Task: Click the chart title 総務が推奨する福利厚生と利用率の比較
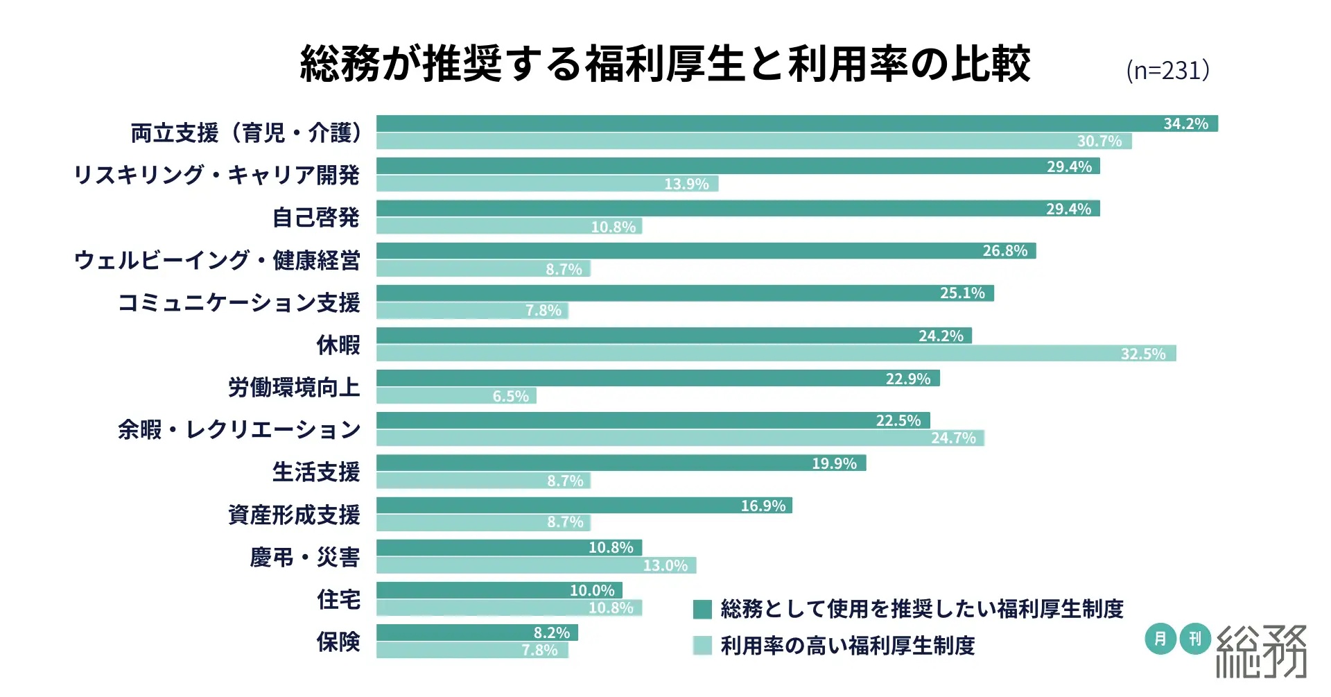coord(665,64)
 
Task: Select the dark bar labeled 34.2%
coord(797,123)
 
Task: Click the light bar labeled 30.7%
coord(754,141)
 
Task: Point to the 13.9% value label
coord(686,184)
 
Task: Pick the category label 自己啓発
coord(315,218)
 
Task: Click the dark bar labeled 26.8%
coord(706,251)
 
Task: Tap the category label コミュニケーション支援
coord(238,302)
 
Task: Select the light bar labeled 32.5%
coord(776,354)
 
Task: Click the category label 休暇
coord(338,345)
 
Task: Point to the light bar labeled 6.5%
coord(456,396)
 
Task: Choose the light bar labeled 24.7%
coord(680,438)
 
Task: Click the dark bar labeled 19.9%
coord(621,463)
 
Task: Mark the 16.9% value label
coord(763,506)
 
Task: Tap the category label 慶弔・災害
coord(304,557)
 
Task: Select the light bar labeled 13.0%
coord(536,566)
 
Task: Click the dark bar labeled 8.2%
coord(477,633)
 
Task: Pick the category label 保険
coord(338,642)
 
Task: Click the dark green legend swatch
coord(702,610)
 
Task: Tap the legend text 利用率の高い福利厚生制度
coord(847,646)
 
